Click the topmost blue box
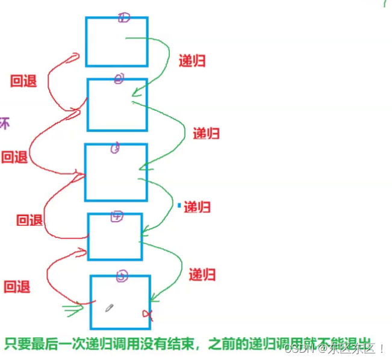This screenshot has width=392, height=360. point(117,42)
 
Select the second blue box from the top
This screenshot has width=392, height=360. point(117,105)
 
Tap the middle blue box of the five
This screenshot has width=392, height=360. point(116,172)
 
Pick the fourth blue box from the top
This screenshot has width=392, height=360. point(115,237)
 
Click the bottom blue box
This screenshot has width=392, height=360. point(120,301)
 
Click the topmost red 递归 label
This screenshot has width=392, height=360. point(192,61)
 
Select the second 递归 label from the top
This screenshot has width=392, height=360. point(206,134)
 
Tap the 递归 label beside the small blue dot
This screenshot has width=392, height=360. point(197,207)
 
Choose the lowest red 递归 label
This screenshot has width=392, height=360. point(202,275)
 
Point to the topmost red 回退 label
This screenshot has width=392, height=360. point(23,81)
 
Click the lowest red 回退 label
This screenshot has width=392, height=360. point(17,287)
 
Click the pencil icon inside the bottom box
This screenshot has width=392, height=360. point(109,308)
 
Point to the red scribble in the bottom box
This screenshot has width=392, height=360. point(147,314)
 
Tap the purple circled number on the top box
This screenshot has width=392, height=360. point(123,18)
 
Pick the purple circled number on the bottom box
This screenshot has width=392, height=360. point(122,276)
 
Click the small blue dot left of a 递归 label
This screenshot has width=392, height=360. point(179,206)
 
